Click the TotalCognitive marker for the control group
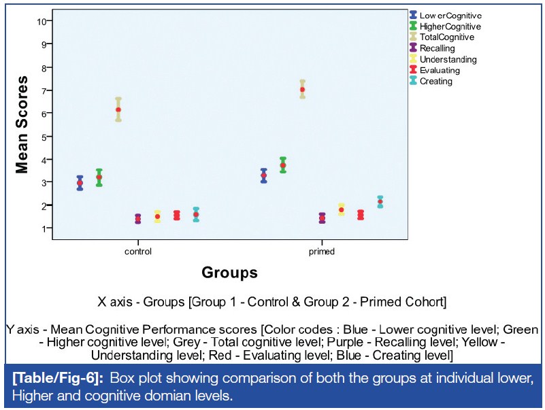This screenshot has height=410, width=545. coord(118,109)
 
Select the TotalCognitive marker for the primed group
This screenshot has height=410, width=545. coord(302,89)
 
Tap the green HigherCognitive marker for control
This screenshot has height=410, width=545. coord(99,177)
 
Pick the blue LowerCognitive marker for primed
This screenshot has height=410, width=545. coord(263,175)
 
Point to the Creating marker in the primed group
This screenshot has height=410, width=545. coord(380,202)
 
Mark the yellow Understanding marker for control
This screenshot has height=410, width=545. coord(157,216)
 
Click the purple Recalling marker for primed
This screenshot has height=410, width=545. coord(322,218)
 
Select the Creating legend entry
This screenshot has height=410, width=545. coord(435,81)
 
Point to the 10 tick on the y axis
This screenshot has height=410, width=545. coord(42,21)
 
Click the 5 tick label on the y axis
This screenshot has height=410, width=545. coord(43,137)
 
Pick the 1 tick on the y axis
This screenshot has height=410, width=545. coord(43,228)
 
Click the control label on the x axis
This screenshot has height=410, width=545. coord(138,251)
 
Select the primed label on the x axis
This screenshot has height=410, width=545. coord(321,251)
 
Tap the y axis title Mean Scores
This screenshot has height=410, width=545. coord(22,125)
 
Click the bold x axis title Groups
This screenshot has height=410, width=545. coord(229,273)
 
